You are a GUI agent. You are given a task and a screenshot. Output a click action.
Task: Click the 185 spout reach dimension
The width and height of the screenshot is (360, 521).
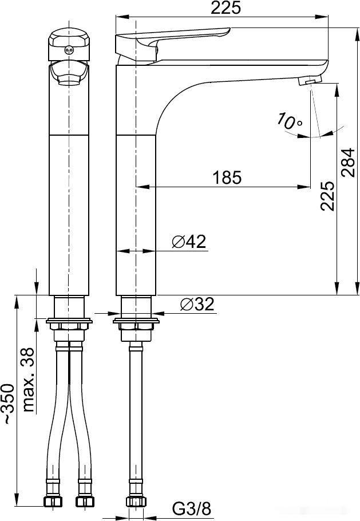click(x=227, y=177)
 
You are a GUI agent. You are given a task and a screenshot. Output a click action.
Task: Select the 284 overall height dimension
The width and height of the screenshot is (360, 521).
click(x=349, y=162)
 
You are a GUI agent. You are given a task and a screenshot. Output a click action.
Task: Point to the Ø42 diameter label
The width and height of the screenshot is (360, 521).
click(x=189, y=242)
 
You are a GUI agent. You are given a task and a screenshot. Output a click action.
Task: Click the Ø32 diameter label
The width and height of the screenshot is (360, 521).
click(x=197, y=304)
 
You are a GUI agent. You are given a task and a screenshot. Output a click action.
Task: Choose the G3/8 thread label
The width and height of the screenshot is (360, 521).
click(x=192, y=508)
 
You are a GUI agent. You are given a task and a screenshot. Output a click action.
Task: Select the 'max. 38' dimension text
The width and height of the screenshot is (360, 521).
click(x=29, y=380)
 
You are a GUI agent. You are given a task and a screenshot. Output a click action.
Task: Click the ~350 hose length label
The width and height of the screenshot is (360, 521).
click(x=9, y=404)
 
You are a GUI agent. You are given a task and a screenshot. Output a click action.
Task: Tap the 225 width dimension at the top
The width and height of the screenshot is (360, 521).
click(x=226, y=8)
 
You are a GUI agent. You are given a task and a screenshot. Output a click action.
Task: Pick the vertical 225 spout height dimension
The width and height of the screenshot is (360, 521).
click(x=327, y=196)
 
